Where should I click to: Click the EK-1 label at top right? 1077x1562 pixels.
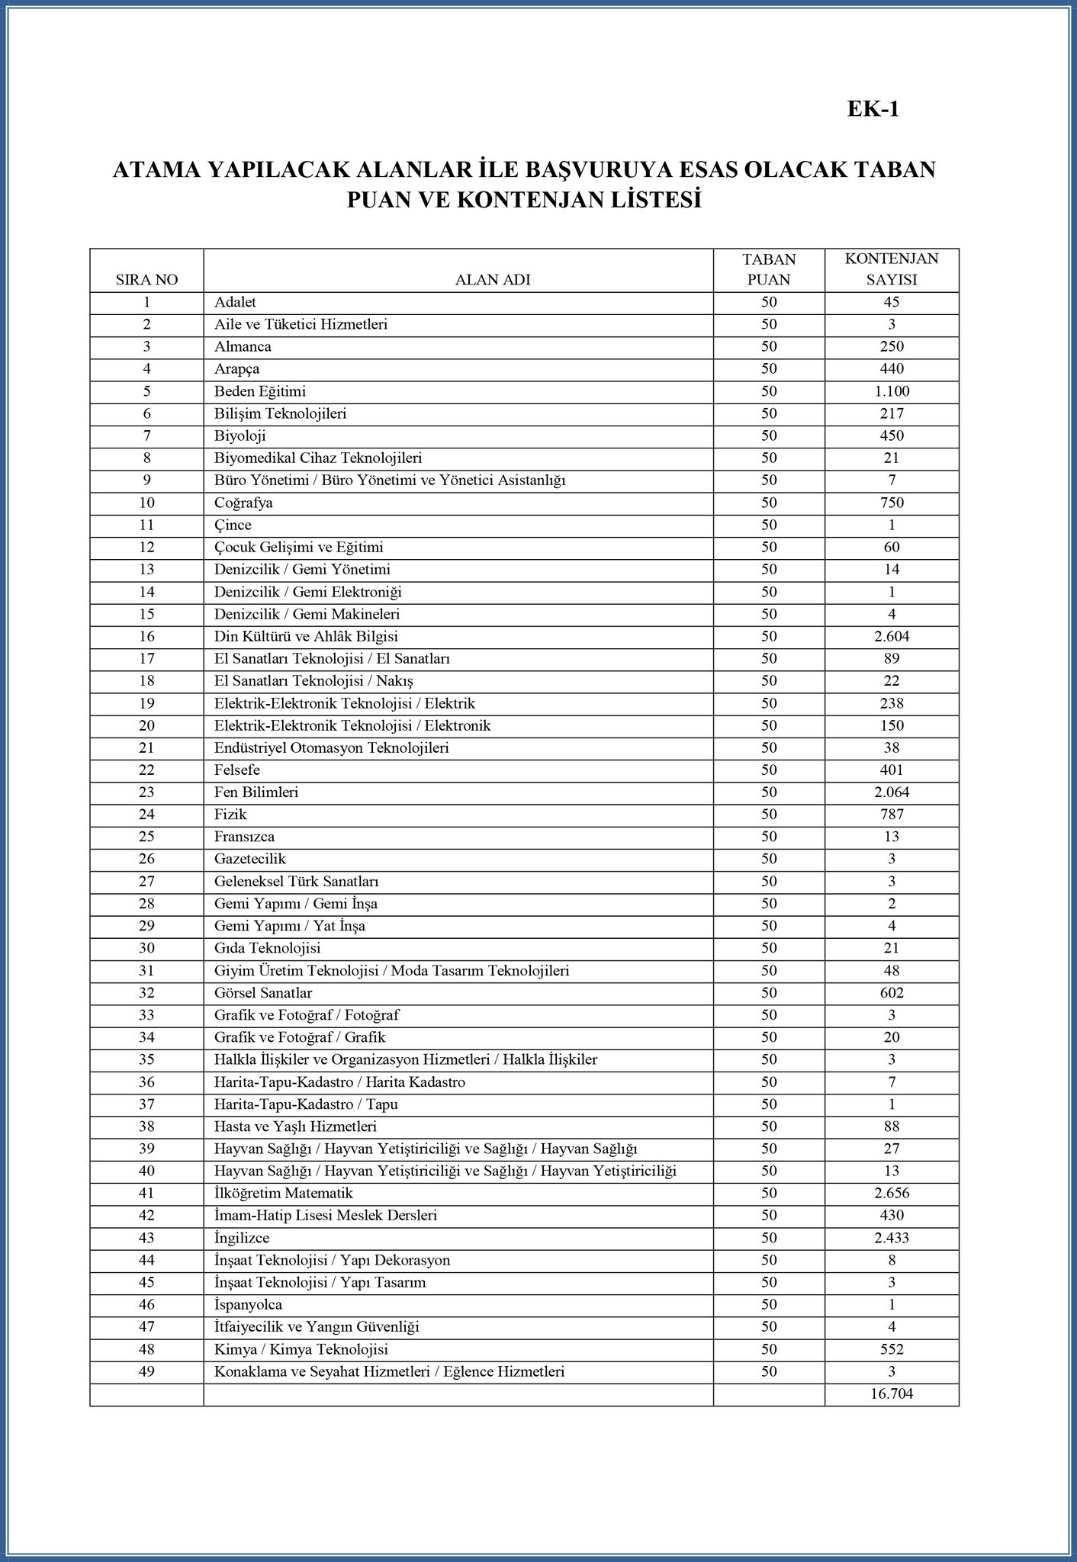click(873, 109)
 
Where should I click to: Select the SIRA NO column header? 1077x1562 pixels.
click(146, 279)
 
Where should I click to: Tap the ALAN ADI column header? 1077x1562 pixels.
click(492, 279)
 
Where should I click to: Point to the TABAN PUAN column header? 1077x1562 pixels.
click(768, 269)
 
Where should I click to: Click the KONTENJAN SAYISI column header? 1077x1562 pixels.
click(891, 269)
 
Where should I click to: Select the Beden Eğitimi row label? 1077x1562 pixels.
click(259, 391)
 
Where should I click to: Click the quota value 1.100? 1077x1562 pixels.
click(891, 391)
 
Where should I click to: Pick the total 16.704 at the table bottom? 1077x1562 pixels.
click(891, 1394)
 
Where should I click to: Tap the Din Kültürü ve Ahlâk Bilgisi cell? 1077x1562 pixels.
click(306, 636)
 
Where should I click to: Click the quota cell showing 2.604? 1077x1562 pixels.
click(891, 636)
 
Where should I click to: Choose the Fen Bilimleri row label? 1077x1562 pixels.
click(256, 792)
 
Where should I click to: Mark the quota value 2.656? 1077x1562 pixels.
click(891, 1193)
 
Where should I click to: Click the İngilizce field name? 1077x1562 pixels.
click(242, 1238)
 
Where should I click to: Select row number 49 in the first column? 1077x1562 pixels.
click(146, 1371)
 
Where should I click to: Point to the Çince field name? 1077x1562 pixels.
click(233, 525)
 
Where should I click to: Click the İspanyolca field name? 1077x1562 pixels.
click(248, 1305)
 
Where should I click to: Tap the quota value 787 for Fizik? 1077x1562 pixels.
click(891, 815)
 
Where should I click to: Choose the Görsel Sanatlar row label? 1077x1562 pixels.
click(263, 993)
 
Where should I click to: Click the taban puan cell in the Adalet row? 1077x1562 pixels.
click(768, 302)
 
